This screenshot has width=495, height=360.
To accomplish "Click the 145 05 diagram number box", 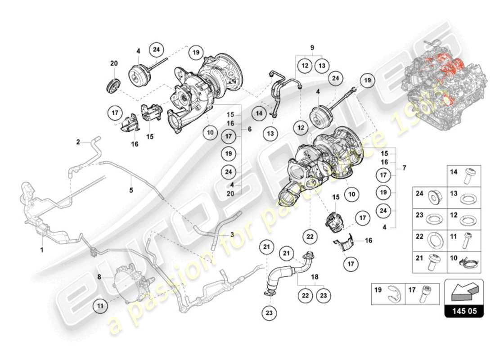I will click(x=464, y=310).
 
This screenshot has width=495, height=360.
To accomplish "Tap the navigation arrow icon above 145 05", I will click(x=464, y=292).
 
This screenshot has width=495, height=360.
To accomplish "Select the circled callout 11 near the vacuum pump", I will click(x=101, y=306).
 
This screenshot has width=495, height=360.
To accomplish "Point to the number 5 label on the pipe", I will click(x=131, y=190).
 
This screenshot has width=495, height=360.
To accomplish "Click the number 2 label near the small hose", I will click(x=78, y=142).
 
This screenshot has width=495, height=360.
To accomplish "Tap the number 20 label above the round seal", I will click(x=114, y=63).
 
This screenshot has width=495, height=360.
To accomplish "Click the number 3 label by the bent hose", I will click(x=232, y=234).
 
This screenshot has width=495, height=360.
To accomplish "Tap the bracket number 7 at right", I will click(x=405, y=168).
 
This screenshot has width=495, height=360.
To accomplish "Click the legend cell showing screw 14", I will click(x=464, y=175).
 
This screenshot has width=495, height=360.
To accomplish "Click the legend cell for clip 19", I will click(x=387, y=294).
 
